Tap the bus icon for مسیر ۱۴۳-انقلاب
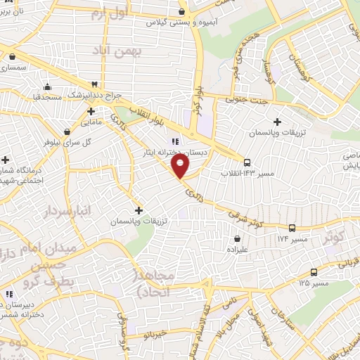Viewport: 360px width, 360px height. tap(247, 162)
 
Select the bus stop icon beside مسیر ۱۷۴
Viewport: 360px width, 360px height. tap(292, 228)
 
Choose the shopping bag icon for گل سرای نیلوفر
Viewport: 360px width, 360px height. tap(67, 131)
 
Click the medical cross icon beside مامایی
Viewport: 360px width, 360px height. tap(91, 111)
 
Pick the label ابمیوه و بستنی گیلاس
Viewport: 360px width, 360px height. tap(179, 22)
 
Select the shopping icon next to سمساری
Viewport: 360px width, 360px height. tap(13, 56)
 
